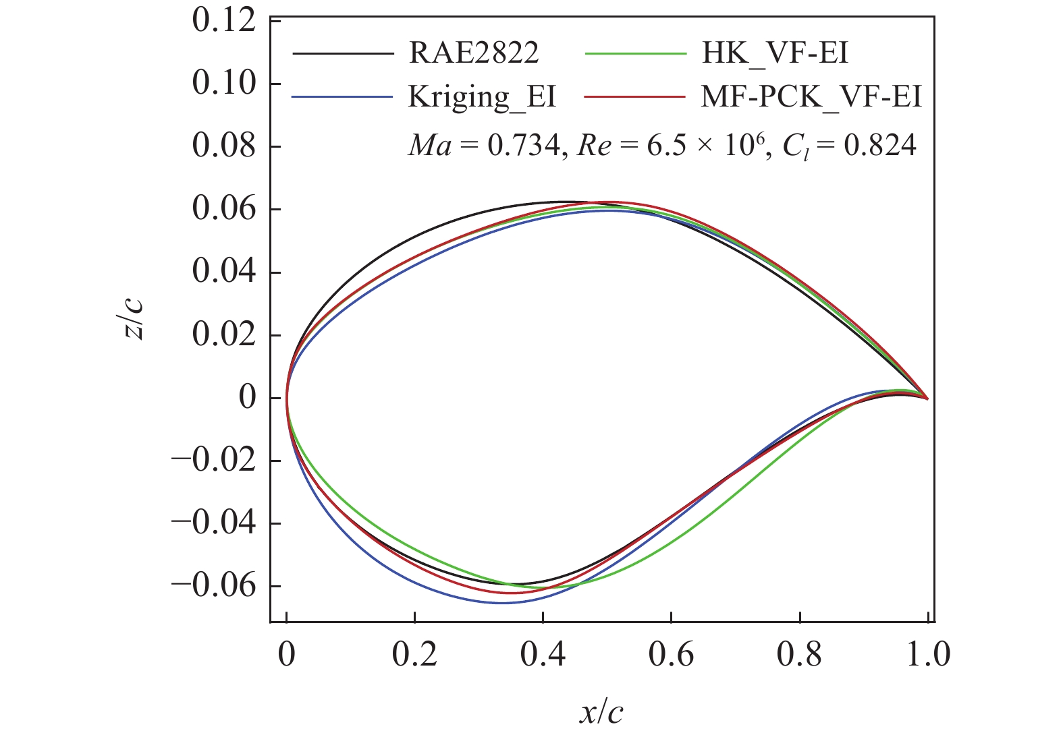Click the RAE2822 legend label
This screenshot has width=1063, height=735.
(474, 53)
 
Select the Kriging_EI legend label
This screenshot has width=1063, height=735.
(482, 97)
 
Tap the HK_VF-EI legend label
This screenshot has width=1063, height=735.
(774, 53)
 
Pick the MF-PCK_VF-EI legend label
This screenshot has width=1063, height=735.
(811, 97)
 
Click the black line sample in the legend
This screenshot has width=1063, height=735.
(343, 53)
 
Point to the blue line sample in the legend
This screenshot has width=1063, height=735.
(343, 97)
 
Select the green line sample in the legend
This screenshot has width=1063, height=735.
(636, 53)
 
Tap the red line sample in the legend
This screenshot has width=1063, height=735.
(636, 97)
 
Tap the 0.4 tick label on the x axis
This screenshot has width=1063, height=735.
(543, 655)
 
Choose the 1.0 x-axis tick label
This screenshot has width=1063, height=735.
(928, 655)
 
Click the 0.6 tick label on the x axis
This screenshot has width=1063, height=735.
(671, 655)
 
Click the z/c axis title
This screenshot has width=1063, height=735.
(134, 318)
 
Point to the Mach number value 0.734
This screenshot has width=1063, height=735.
(523, 146)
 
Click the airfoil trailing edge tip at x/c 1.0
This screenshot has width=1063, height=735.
(927, 399)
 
